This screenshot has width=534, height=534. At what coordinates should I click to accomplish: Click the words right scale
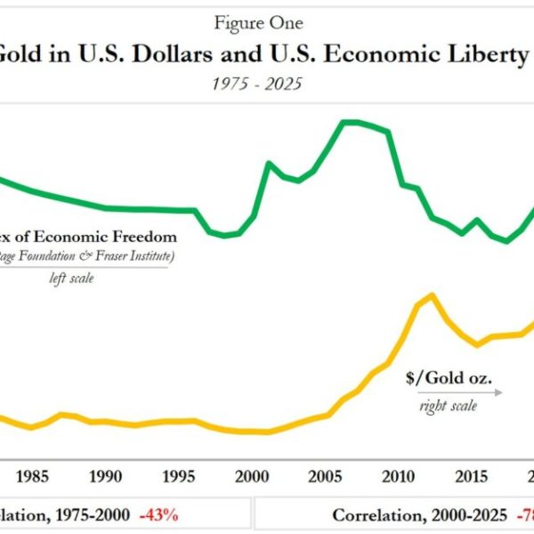point(448,406)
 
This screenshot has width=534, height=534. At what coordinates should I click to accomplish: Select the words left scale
point(71,278)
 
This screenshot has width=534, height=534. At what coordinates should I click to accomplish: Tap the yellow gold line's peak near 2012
point(432,295)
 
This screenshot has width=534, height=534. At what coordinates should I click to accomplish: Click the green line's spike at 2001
point(269,163)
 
